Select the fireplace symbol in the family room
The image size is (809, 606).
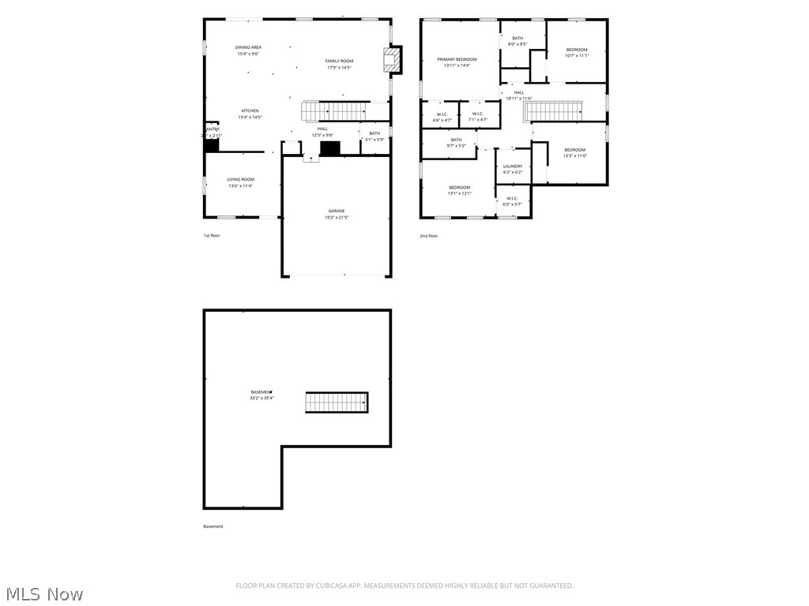391,60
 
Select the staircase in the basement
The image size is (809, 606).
337,402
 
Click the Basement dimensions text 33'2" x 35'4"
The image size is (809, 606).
262,398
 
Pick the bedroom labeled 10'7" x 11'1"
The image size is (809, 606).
577,53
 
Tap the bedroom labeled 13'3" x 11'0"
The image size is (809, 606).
574,152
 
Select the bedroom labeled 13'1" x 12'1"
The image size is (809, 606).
459,190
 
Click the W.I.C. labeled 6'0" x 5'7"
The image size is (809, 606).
512,201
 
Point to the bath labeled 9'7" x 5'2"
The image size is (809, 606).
457,142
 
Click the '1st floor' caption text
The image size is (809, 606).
212,236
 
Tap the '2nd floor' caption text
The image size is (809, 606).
428,236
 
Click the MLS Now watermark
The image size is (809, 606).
43,593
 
